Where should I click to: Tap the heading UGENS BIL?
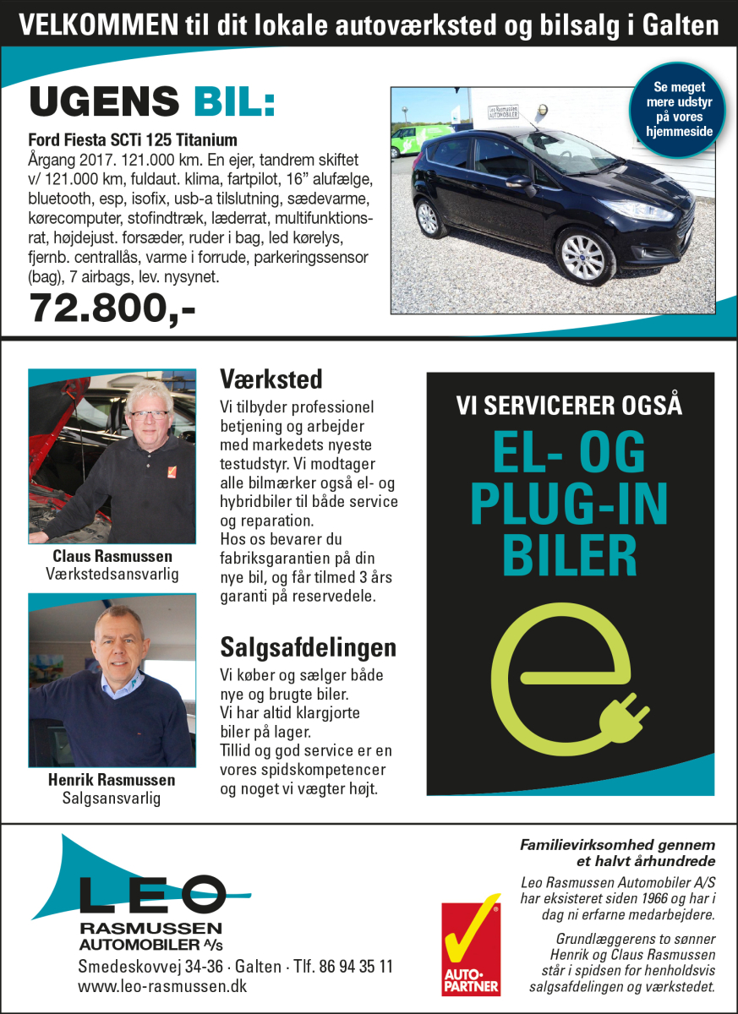(152, 103)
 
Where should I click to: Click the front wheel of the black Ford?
(585, 256)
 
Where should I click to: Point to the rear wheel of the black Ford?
(428, 217)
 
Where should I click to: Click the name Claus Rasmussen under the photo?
(112, 557)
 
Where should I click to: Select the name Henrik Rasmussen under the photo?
(112, 780)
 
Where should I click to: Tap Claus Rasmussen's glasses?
(148, 415)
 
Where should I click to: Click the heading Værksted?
(271, 378)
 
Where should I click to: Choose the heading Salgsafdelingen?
(308, 648)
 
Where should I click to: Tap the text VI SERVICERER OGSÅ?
(569, 406)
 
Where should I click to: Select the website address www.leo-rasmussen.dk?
(162, 986)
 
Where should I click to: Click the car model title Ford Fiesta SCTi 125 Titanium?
(133, 140)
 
